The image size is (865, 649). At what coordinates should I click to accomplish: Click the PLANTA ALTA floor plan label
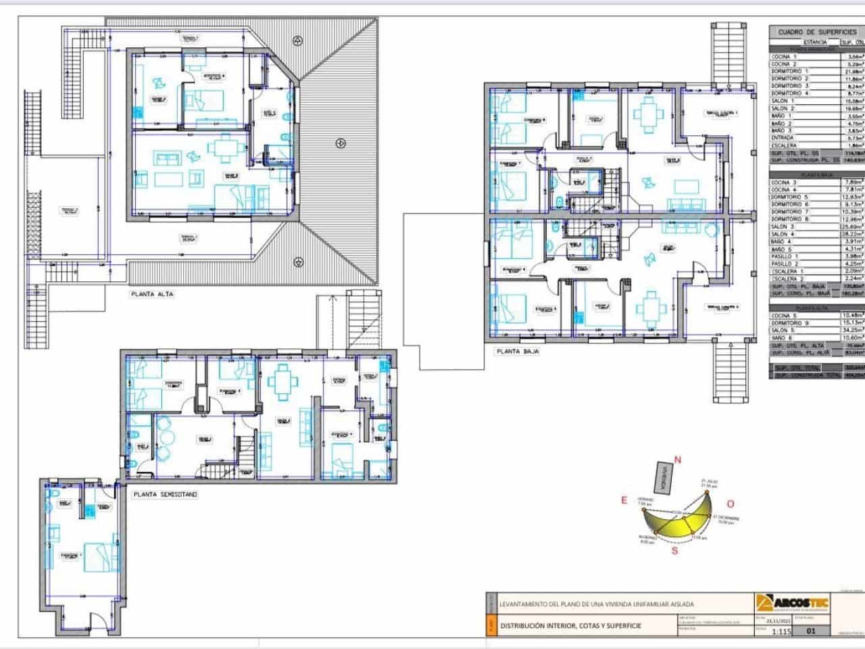pyautogui.click(x=152, y=295)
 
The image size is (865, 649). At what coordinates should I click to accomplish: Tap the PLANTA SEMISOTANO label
pyautogui.click(x=166, y=495)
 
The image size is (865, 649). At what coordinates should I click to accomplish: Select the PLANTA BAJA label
pyautogui.click(x=517, y=352)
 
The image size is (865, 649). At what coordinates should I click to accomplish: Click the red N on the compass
pyautogui.click(x=678, y=460)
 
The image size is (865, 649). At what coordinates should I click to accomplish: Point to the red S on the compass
pyautogui.click(x=674, y=550)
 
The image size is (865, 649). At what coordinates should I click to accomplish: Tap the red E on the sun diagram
pyautogui.click(x=624, y=500)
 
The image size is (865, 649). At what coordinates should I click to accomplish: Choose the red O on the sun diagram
pyautogui.click(x=731, y=504)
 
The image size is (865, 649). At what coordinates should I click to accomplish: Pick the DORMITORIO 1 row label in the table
pyautogui.click(x=786, y=71)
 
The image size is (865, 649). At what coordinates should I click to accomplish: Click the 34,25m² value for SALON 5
pyautogui.click(x=851, y=330)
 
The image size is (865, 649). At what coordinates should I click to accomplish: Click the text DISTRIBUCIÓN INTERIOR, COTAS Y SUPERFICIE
pyautogui.click(x=571, y=625)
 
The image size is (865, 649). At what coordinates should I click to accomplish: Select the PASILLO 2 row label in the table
pyautogui.click(x=785, y=264)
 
